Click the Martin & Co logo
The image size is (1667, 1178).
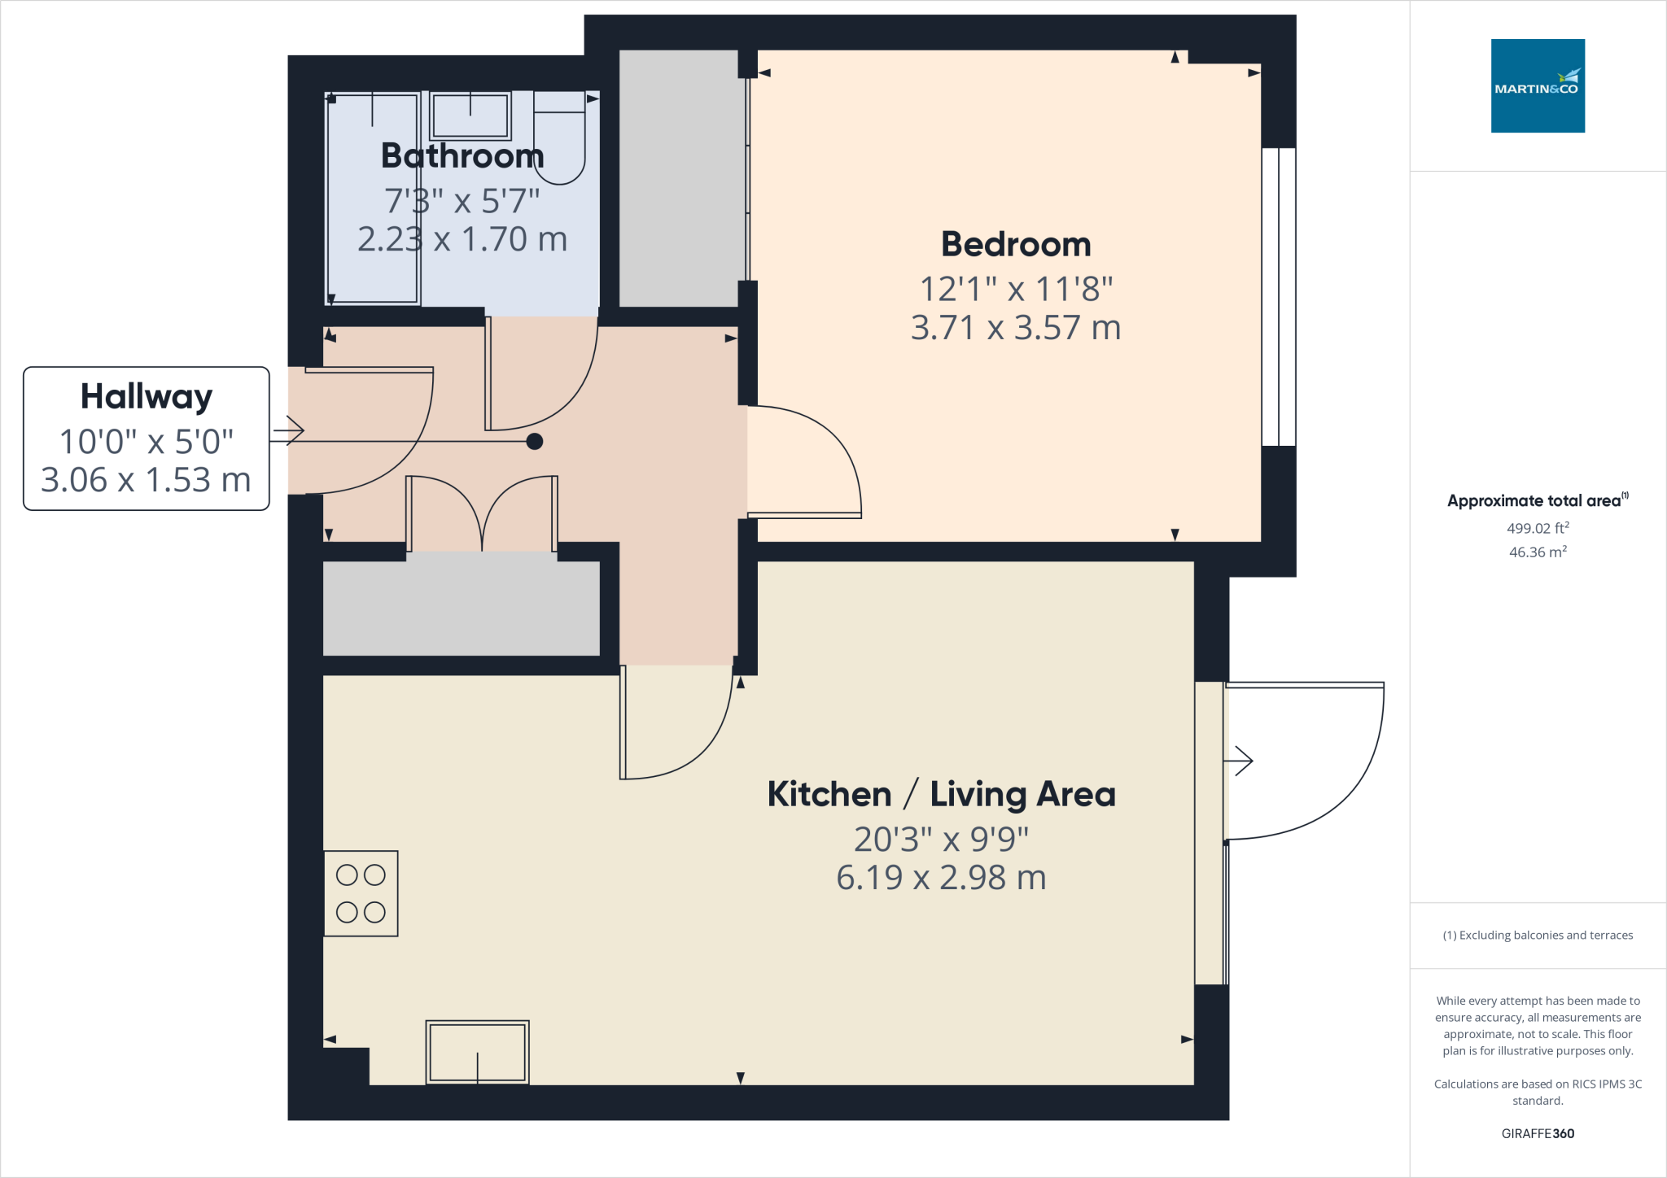tap(1538, 85)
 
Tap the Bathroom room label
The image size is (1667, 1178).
tap(462, 155)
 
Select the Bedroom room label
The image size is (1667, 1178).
tap(1016, 244)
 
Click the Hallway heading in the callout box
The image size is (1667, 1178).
tap(147, 397)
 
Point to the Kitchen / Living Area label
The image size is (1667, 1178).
tap(941, 794)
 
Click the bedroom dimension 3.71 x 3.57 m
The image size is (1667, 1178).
tap(1016, 328)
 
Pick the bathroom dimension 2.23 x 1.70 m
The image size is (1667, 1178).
tap(462, 239)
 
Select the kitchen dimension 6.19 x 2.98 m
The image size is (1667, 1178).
tap(941, 878)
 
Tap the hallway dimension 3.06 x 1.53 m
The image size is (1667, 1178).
tap(147, 480)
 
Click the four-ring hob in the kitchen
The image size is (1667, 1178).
tap(361, 893)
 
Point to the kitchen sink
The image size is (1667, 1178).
tap(477, 1052)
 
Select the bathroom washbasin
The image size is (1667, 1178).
tap(470, 116)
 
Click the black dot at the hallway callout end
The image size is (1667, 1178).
tap(535, 442)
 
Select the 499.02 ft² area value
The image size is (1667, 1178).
tap(1538, 528)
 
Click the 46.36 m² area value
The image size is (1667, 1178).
tap(1538, 552)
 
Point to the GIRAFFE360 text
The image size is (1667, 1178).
tap(1538, 1133)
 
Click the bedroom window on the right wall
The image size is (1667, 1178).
tap(1279, 297)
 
